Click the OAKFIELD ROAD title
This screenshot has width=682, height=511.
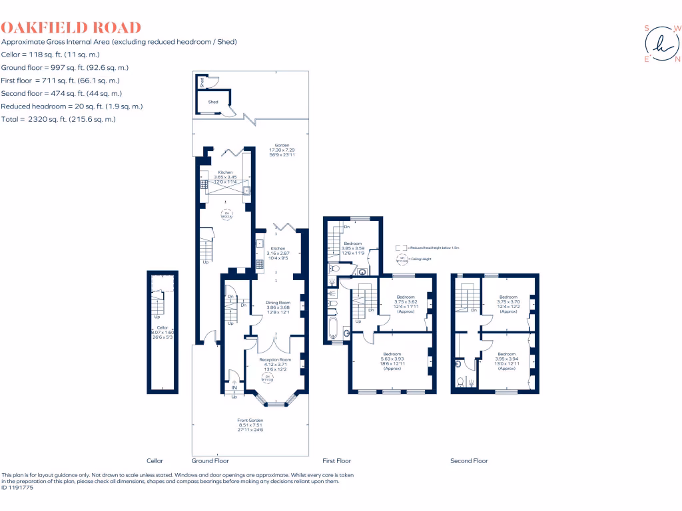point(71,27)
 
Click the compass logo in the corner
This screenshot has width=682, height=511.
point(661,44)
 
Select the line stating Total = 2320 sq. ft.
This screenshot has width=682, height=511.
point(59,119)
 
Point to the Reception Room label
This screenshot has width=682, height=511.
point(275,360)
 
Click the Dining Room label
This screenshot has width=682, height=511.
point(278,303)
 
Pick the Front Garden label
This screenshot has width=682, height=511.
point(250,421)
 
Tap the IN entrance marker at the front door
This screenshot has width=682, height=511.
point(234,387)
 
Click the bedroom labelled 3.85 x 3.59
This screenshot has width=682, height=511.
point(353,244)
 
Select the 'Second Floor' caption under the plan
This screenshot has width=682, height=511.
point(469,460)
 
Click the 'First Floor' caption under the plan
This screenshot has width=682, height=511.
point(336,460)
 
